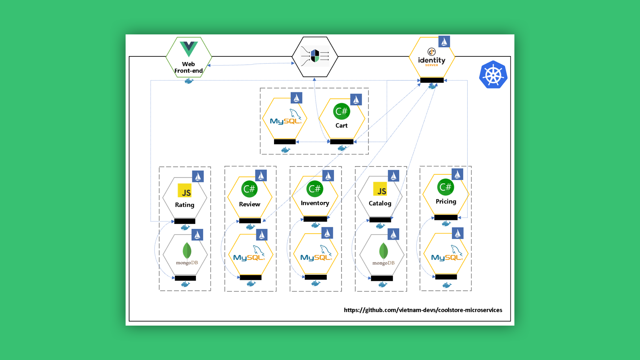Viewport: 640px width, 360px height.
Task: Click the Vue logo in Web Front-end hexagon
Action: tap(188, 49)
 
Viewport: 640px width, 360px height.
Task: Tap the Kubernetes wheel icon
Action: tap(493, 75)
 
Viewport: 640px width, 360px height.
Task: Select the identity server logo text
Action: tap(432, 60)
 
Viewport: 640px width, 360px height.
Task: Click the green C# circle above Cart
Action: tap(341, 111)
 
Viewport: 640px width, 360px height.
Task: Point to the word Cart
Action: tap(341, 126)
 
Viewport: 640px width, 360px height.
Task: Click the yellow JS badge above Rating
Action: tap(185, 191)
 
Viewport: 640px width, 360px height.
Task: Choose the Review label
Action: tap(250, 204)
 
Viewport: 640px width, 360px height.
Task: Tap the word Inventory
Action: tap(315, 203)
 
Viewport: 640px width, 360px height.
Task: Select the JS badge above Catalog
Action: tap(380, 189)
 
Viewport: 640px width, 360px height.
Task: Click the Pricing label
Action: tap(446, 202)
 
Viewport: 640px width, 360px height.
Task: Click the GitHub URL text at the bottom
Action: tap(423, 310)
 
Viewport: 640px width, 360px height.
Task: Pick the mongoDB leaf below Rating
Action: tap(187, 251)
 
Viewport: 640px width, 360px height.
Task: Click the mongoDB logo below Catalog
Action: tap(383, 254)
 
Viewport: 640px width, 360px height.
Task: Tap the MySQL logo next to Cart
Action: tap(286, 118)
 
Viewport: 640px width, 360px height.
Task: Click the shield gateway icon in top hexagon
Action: tap(315, 56)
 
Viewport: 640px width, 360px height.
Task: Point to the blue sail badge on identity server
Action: tap(444, 42)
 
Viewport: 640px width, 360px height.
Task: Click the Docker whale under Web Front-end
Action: tap(189, 81)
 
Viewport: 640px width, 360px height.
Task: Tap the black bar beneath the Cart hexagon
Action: tap(342, 142)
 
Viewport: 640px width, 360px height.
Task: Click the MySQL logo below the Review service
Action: tap(249, 255)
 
